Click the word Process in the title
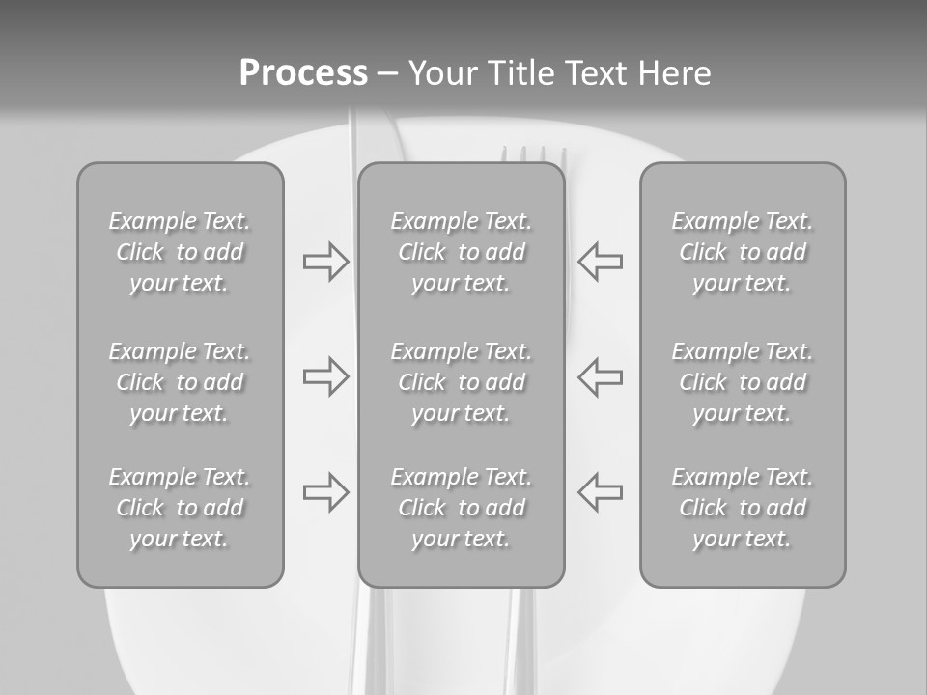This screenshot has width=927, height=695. pos(303,73)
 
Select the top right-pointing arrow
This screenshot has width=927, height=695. pos(325,262)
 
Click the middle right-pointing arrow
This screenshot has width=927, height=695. pos(325,376)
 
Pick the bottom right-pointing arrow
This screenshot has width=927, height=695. pos(325,492)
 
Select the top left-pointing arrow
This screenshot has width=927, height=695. pos(601,262)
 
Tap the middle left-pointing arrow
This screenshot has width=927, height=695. pos(601,376)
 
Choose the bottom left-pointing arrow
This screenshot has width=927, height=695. pos(601,492)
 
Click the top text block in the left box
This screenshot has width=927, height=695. pos(180,252)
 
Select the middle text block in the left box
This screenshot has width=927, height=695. pos(180,382)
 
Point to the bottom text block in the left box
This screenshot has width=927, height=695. pos(180,508)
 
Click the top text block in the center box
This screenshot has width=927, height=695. pos(461,252)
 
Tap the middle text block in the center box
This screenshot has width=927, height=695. pos(461,382)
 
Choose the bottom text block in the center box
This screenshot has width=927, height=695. pos(461,508)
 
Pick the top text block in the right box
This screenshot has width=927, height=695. pos(742,252)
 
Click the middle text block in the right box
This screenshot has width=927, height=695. pos(742,382)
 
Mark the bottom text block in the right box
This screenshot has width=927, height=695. pos(742,508)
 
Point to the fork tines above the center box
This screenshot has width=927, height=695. pos(534,154)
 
